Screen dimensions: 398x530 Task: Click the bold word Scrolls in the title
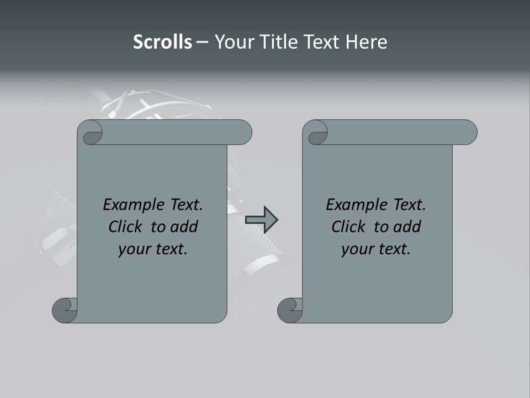point(162,42)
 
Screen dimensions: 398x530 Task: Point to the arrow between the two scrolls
point(261,219)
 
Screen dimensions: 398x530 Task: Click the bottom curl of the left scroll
point(65,310)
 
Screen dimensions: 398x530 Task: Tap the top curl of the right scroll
point(316,133)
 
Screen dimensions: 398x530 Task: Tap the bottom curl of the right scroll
point(290,310)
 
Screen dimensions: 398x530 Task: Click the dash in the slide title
point(202,43)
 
